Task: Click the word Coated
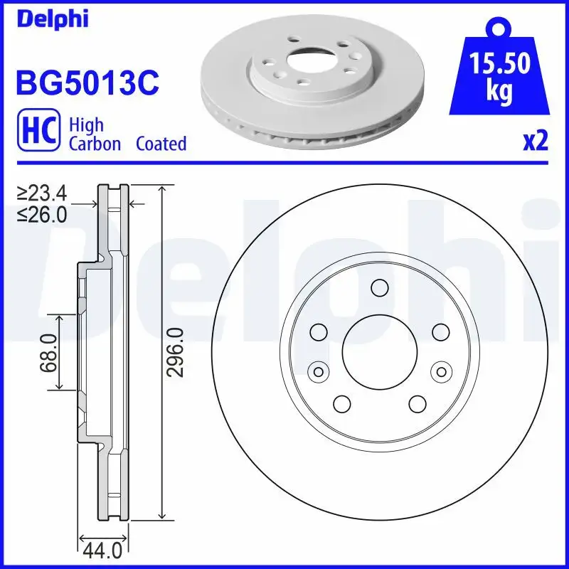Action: (x=161, y=144)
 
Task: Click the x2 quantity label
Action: (x=535, y=142)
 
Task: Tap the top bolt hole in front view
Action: (x=379, y=287)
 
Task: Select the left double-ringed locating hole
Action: (x=318, y=371)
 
